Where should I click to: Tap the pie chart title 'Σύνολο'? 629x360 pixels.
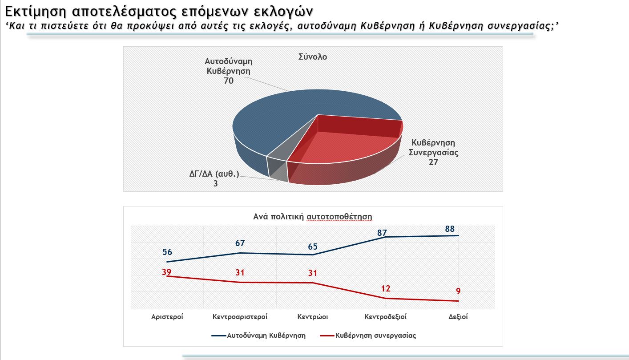[312, 57]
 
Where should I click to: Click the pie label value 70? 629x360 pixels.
[229, 81]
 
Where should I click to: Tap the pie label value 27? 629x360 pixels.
[433, 162]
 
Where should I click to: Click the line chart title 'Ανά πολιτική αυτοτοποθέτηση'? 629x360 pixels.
[312, 217]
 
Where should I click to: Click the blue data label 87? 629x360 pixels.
[382, 232]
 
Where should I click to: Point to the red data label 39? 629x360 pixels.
[167, 272]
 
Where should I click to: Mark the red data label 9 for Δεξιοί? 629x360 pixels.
[458, 291]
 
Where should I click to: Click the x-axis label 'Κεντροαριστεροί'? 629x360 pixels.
[240, 317]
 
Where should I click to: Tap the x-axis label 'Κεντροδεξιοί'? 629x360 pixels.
[385, 317]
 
